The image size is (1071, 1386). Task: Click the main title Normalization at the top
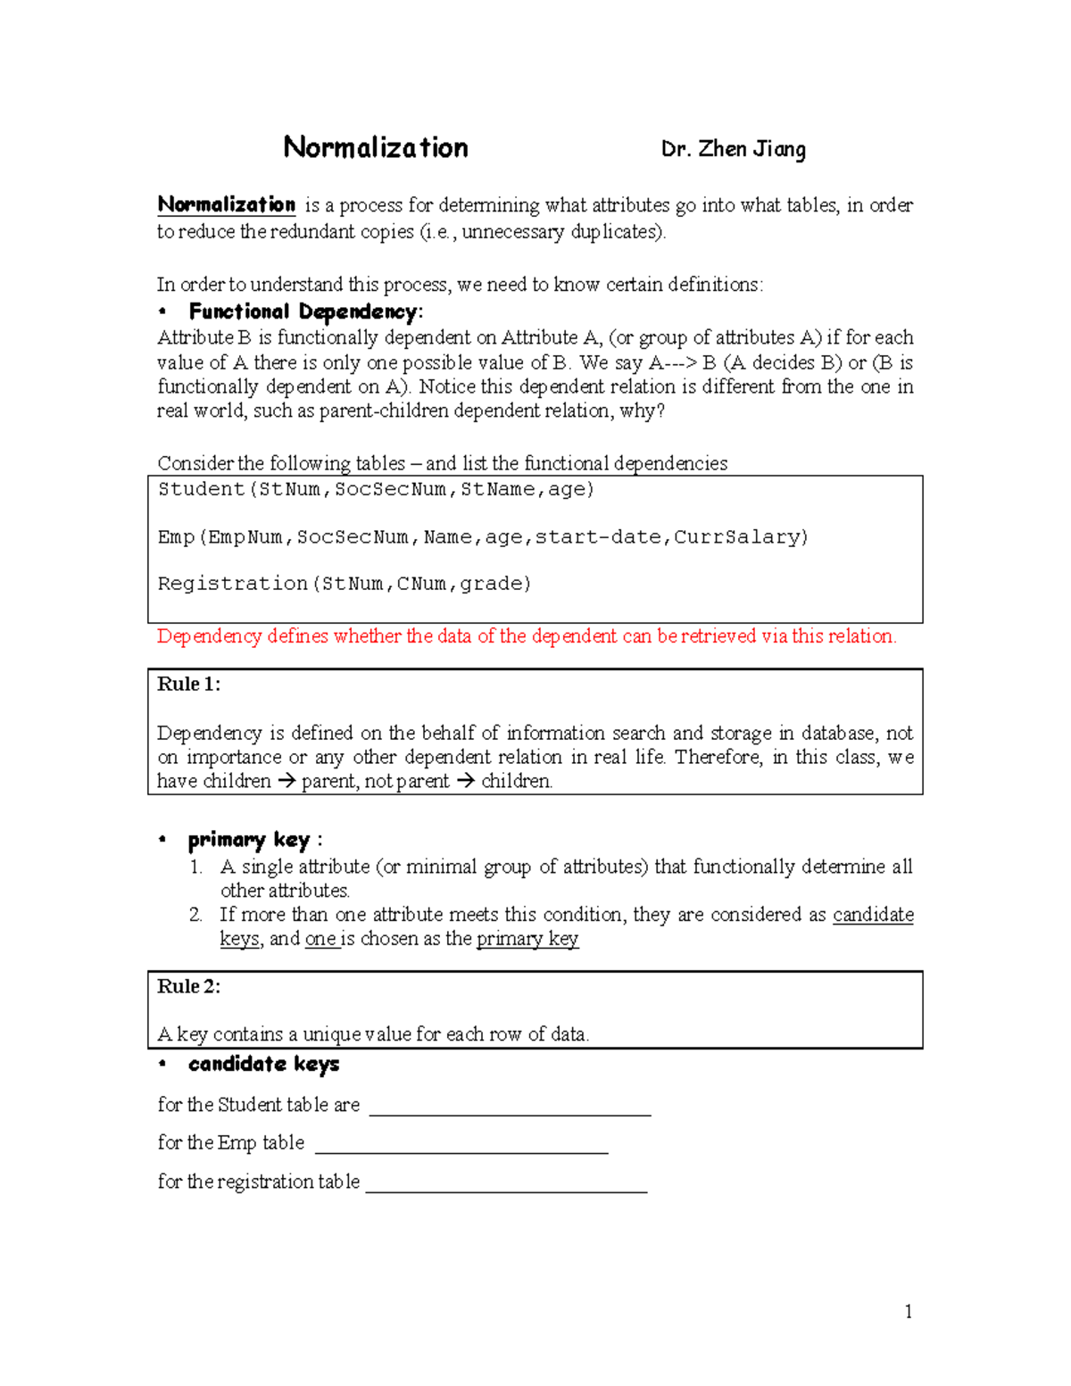375,147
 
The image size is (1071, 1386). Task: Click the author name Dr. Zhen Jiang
733,149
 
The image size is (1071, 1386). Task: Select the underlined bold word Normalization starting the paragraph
226,204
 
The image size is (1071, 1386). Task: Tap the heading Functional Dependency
304,311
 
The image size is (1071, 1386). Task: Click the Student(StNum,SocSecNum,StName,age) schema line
376,489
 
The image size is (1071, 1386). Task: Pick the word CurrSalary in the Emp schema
740,536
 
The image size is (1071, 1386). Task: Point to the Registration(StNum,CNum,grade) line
345,584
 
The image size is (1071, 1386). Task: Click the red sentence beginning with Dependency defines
527,636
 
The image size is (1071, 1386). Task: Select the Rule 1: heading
189,685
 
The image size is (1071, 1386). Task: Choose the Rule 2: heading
189,986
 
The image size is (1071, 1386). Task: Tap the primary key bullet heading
249,840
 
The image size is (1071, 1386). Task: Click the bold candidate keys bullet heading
263,1064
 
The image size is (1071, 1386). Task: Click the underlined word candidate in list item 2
873,915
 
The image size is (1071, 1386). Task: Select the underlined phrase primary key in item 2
527,939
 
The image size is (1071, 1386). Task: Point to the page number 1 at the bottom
908,1311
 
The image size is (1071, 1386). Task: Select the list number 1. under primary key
196,867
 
